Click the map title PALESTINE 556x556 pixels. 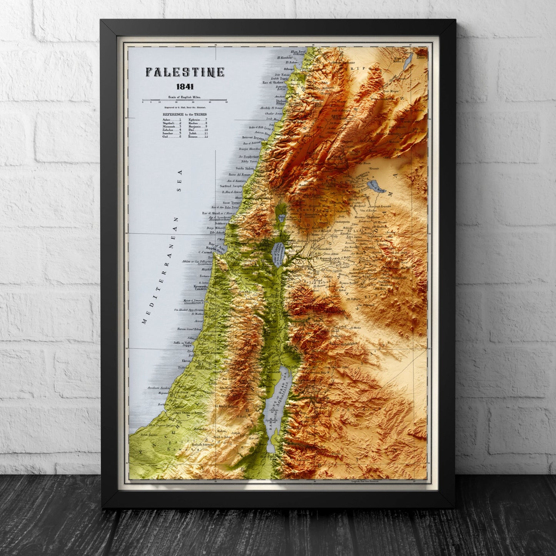185,72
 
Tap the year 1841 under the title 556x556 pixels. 185,87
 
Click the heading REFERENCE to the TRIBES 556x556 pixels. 184,115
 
